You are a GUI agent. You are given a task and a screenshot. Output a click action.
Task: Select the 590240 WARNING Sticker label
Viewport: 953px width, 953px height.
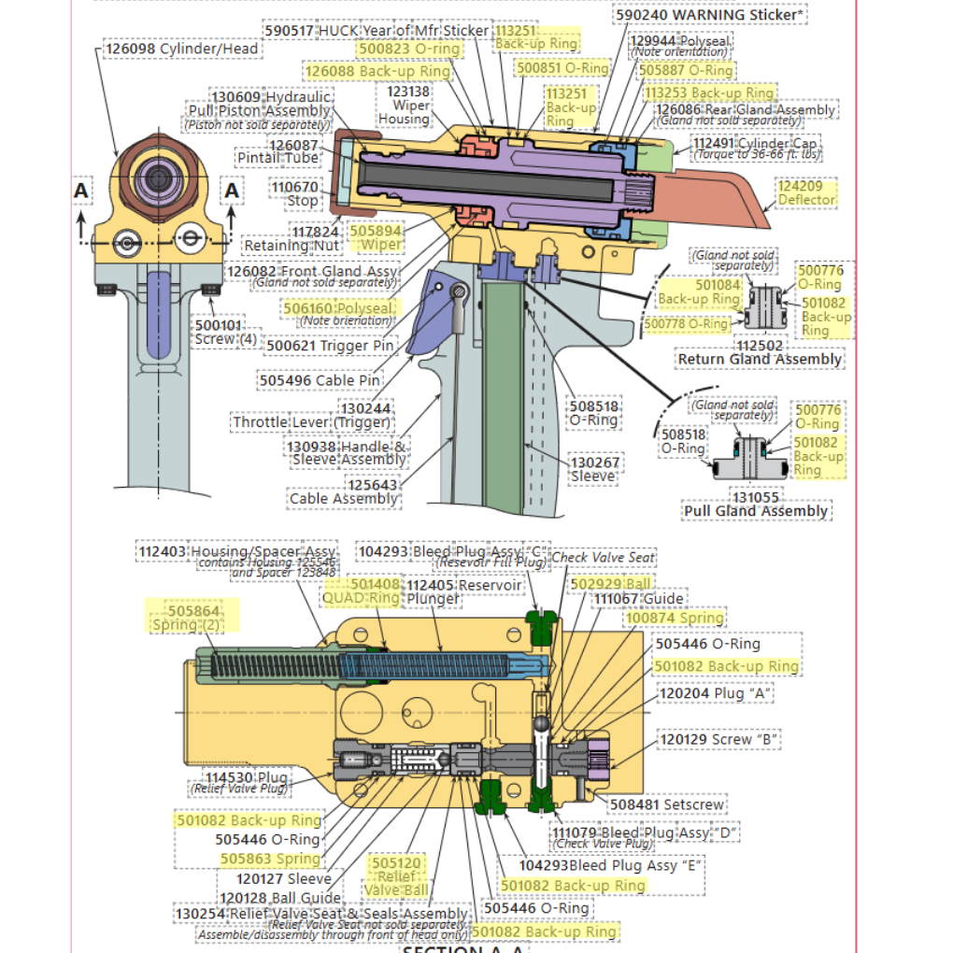click(710, 15)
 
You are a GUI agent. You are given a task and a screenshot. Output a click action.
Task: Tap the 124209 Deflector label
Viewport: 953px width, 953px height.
click(806, 193)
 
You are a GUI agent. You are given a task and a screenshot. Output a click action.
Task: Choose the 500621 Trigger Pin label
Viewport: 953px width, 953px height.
click(330, 346)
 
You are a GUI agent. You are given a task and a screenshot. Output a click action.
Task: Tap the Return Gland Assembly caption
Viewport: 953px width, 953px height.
click(759, 359)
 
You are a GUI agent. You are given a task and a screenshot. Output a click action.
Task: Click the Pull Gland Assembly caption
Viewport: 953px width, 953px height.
click(756, 511)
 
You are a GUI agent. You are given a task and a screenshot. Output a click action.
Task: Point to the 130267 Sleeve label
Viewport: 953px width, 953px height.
click(593, 468)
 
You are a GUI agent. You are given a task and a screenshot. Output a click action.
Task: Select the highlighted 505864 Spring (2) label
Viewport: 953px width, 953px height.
click(194, 618)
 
